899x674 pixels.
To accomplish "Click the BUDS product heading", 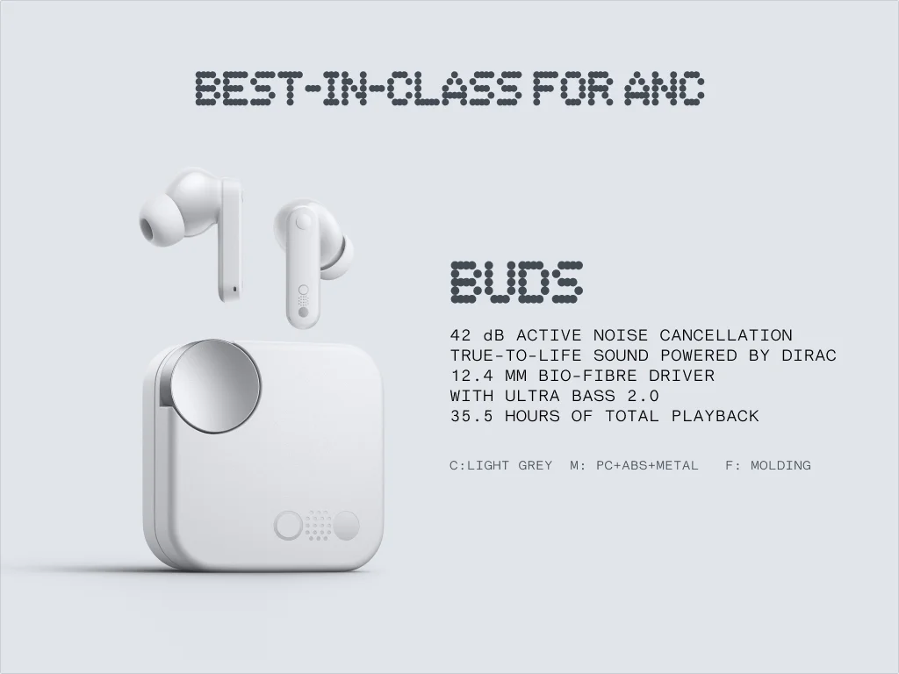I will pyautogui.click(x=516, y=283).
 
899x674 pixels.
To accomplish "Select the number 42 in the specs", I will pyautogui.click(x=461, y=335).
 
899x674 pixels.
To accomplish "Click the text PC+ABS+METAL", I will pyautogui.click(x=647, y=465).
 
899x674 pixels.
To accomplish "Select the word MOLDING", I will pyautogui.click(x=780, y=465).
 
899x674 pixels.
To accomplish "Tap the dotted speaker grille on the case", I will pyautogui.click(x=317, y=526).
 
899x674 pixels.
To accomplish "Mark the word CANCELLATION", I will pyautogui.click(x=725, y=335).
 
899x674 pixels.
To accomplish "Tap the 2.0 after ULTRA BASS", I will pyautogui.click(x=643, y=396).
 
